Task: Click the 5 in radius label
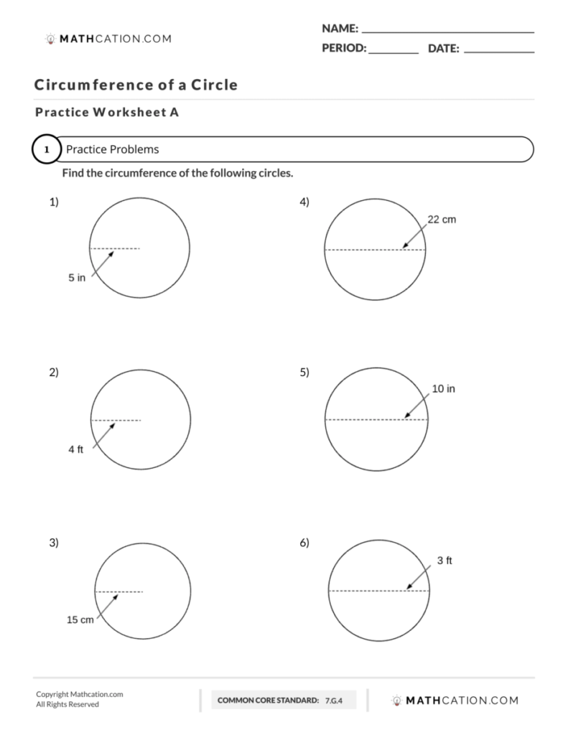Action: pos(77,278)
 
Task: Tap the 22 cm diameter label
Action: pos(442,220)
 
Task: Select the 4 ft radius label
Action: pos(76,449)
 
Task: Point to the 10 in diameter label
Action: pos(443,389)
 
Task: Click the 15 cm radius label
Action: pos(80,619)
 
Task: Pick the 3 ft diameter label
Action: pos(444,561)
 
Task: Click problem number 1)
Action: pos(54,202)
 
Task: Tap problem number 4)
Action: pos(304,202)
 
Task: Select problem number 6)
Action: pos(304,543)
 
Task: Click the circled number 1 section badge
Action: pos(47,150)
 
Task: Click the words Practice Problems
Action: pos(112,150)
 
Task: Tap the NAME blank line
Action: pos(447,30)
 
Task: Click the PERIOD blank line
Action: pos(394,51)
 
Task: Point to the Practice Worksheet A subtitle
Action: pos(106,112)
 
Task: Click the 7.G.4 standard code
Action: pos(333,700)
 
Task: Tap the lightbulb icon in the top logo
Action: pos(50,39)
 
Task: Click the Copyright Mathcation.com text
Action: pos(80,694)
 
